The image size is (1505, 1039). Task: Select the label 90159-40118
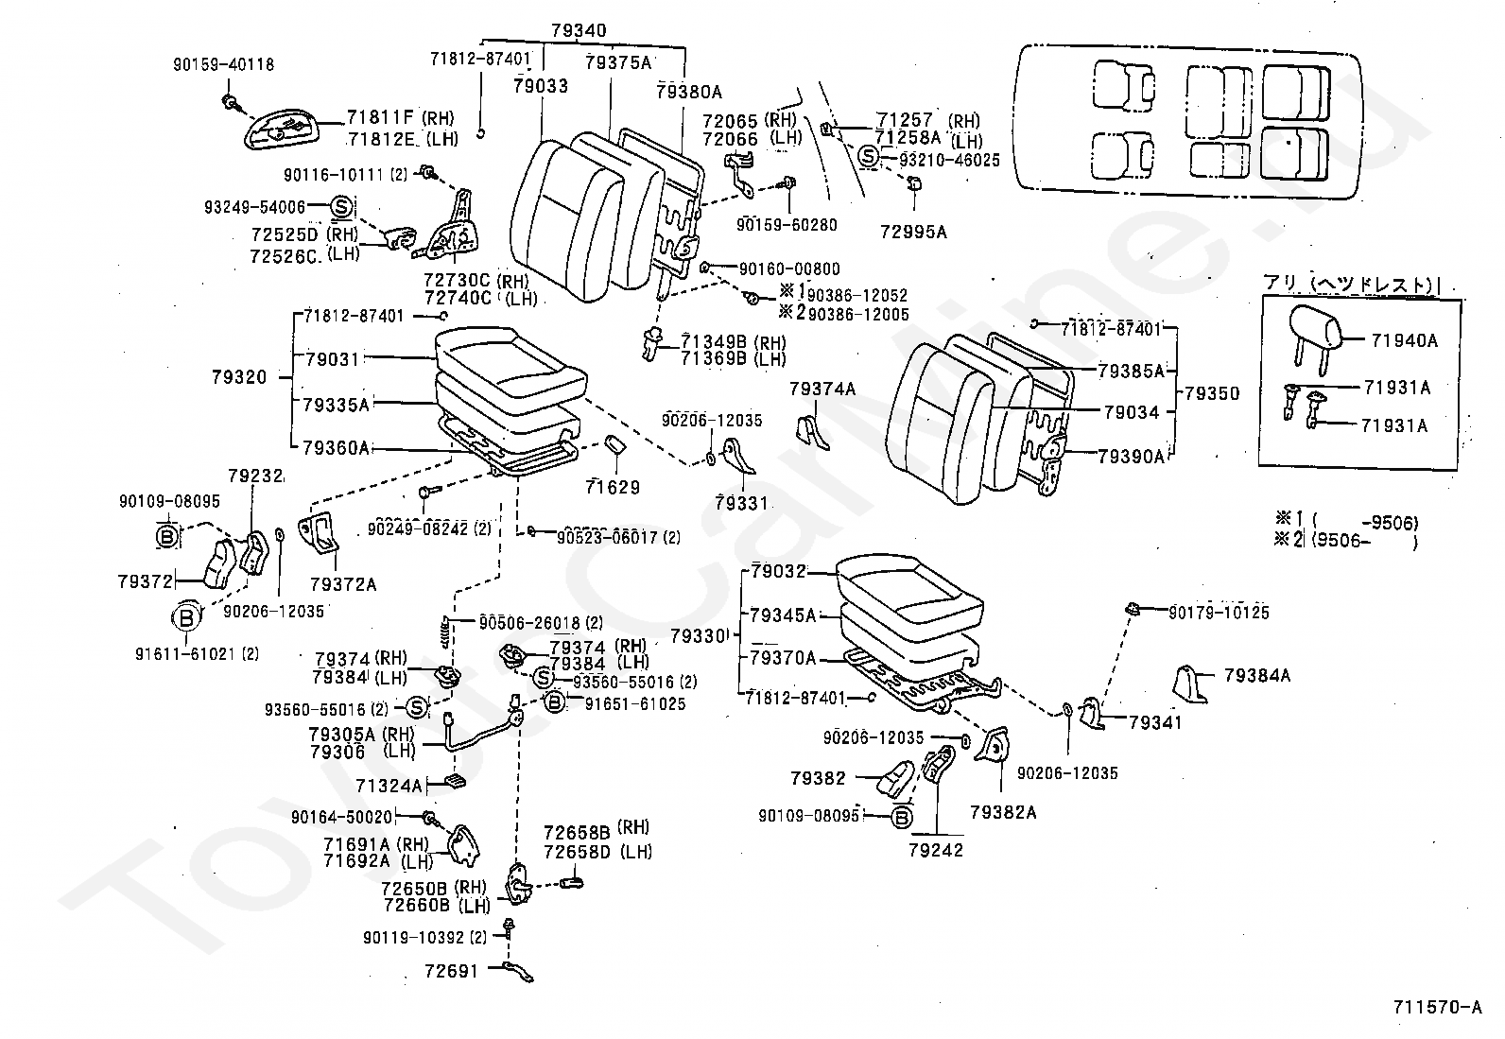pyautogui.click(x=223, y=65)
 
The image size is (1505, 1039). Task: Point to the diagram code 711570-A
pyautogui.click(x=1436, y=1007)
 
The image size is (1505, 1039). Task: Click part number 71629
pyautogui.click(x=612, y=488)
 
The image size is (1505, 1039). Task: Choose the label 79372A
pyautogui.click(x=343, y=584)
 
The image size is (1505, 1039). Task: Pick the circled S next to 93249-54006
pyautogui.click(x=341, y=206)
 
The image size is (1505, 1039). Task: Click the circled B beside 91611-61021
pyautogui.click(x=186, y=618)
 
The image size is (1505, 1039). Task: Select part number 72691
pyautogui.click(x=452, y=970)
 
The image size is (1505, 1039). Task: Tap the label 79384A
pyautogui.click(x=1256, y=675)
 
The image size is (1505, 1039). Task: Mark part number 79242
pyautogui.click(x=936, y=850)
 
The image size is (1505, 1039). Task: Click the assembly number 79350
pyautogui.click(x=1211, y=392)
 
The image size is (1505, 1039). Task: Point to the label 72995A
pyautogui.click(x=912, y=231)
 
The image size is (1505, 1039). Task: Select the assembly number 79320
pyautogui.click(x=239, y=377)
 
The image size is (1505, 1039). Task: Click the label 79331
pyautogui.click(x=742, y=503)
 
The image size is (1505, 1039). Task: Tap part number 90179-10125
pyautogui.click(x=1219, y=613)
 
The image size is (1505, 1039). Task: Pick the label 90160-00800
pyautogui.click(x=789, y=269)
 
